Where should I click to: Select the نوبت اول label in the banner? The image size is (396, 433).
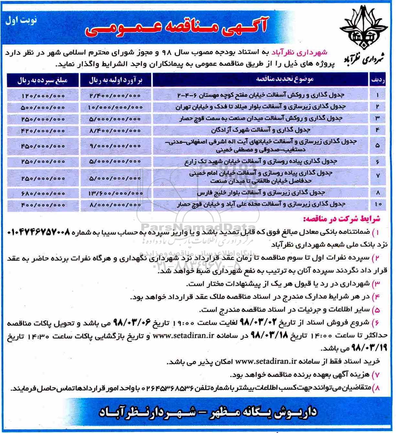(21, 20)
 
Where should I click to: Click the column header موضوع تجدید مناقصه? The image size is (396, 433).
(285, 79)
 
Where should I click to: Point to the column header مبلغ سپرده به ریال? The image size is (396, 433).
(43, 80)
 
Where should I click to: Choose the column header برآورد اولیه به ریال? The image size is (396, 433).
(115, 80)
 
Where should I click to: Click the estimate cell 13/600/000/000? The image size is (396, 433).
(115, 193)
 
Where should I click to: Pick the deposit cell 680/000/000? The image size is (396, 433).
(43, 193)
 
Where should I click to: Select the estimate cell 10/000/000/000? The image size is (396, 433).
(115, 107)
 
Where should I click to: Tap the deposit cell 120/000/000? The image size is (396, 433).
(43, 96)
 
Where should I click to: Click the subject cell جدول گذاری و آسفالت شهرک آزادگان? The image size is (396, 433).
(260, 130)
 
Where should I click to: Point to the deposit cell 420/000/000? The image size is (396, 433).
(43, 130)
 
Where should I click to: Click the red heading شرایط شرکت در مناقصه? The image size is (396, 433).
(342, 219)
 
